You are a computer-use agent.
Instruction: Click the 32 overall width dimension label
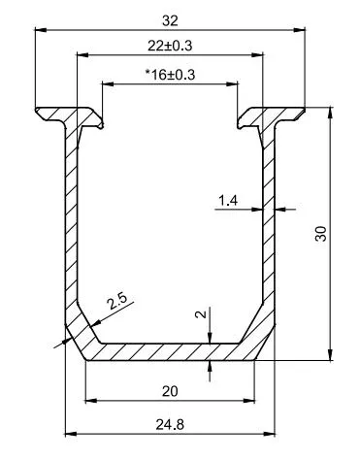click(x=170, y=20)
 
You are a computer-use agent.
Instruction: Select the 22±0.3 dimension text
click(x=170, y=46)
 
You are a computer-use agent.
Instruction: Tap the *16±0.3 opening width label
click(x=170, y=75)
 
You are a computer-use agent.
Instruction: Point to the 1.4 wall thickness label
click(x=228, y=201)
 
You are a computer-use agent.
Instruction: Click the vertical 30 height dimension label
click(x=321, y=234)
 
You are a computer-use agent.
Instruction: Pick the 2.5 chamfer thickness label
click(x=117, y=302)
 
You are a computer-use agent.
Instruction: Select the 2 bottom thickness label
click(x=201, y=314)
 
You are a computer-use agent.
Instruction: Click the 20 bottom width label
click(x=170, y=392)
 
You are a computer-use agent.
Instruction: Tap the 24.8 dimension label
click(x=170, y=424)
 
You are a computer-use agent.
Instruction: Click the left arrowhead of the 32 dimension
click(x=41, y=30)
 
